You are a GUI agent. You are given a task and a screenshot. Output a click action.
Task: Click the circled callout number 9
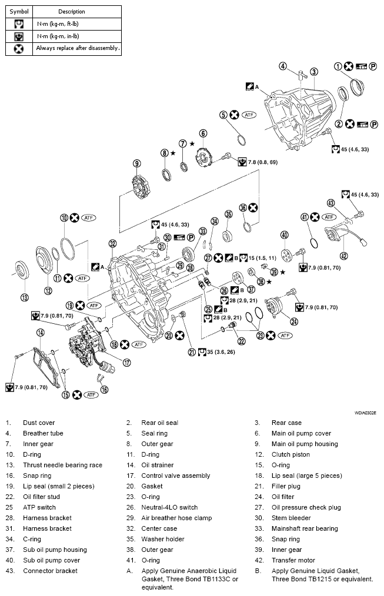click(x=136, y=163)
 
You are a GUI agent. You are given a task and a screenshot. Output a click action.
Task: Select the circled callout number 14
click(x=40, y=333)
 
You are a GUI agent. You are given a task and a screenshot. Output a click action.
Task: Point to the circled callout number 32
click(x=112, y=243)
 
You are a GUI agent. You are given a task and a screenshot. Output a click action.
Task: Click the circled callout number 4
click(x=283, y=66)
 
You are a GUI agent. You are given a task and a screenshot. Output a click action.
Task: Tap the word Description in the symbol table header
click(x=71, y=11)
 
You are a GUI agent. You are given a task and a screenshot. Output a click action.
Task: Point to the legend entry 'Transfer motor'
click(x=293, y=560)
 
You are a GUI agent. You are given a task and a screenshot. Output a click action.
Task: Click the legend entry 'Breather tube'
click(x=43, y=433)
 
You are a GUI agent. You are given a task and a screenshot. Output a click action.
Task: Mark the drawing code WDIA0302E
click(x=366, y=413)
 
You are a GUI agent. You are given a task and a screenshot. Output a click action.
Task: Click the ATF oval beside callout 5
click(x=249, y=115)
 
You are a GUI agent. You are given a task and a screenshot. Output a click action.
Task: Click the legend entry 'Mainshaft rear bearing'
click(x=304, y=528)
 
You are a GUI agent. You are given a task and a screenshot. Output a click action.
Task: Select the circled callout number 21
click(x=191, y=352)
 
